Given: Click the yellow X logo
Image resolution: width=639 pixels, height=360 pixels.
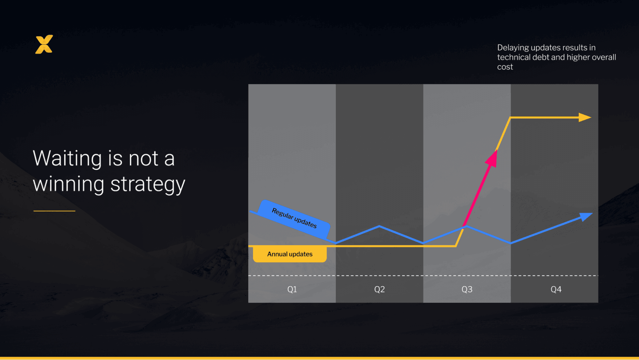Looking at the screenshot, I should click(x=44, y=44).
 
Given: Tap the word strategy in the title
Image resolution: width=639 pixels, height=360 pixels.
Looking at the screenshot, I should click(x=147, y=185).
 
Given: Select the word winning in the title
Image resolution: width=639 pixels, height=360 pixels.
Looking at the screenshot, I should click(x=68, y=185).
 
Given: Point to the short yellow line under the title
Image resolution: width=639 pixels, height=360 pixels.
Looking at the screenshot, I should click(x=54, y=211).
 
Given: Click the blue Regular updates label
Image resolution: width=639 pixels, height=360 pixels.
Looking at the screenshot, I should click(x=294, y=218).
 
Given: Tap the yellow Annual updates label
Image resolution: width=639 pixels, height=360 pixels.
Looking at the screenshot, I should click(x=290, y=254).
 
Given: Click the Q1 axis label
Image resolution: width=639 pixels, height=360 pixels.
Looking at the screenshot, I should click(x=292, y=289).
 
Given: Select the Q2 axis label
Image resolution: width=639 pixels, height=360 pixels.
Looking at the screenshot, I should click(x=379, y=289).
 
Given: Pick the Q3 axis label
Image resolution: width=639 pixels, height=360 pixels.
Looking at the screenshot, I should click(x=467, y=289).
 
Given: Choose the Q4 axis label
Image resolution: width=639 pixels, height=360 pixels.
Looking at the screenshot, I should click(x=556, y=289).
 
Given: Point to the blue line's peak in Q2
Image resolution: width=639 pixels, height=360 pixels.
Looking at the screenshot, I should click(x=379, y=226).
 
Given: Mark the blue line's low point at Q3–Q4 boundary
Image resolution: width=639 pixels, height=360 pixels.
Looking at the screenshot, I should click(x=511, y=243).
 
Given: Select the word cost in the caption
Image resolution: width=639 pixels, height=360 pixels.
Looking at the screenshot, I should click(x=505, y=67).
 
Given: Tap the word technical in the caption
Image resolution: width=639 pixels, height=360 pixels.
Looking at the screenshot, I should click(x=514, y=57).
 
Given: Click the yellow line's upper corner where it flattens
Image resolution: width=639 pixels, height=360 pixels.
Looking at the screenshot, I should click(x=511, y=118).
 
